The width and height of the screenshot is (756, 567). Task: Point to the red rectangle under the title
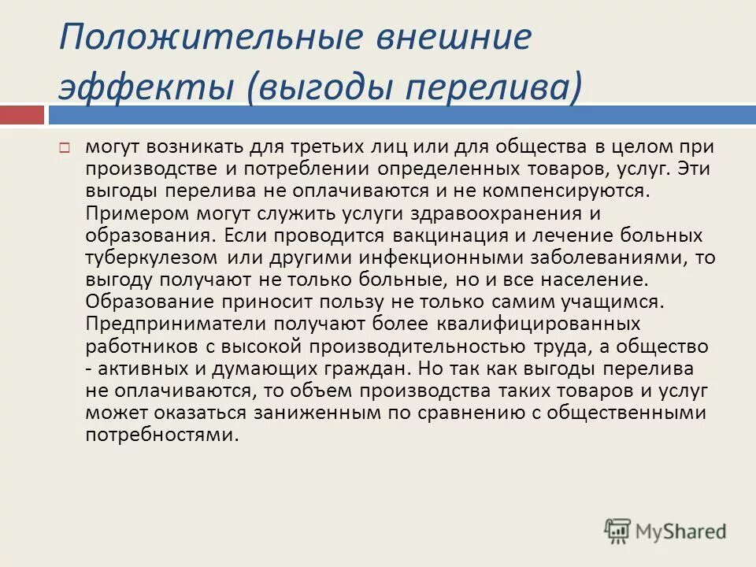tap(21, 116)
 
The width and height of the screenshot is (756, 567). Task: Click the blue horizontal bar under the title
tap(402, 116)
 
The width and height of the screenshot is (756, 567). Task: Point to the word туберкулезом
tap(150, 257)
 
